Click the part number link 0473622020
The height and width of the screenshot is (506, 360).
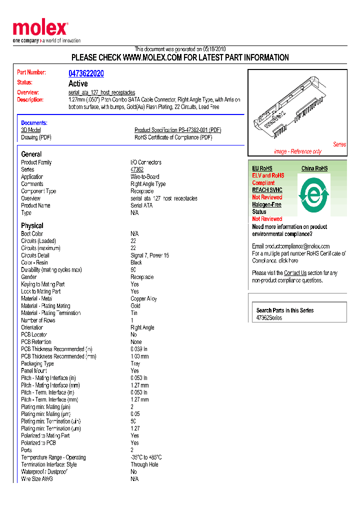click(86, 73)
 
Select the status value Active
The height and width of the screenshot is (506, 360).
click(78, 83)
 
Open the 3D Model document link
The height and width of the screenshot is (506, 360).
click(31, 130)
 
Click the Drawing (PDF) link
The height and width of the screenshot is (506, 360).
click(36, 137)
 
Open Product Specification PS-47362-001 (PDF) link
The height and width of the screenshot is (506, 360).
click(177, 130)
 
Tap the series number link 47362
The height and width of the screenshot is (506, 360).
click(136, 169)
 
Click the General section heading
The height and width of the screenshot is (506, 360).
click(31, 154)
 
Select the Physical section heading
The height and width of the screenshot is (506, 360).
click(32, 225)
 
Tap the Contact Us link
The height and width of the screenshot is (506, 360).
click(295, 273)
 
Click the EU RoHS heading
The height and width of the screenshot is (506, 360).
click(262, 168)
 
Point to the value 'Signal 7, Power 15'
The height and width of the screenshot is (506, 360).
click(149, 255)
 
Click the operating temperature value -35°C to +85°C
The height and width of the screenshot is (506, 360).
click(146, 457)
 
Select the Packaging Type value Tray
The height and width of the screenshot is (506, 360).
click(135, 363)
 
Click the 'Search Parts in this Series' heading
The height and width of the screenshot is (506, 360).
click(284, 310)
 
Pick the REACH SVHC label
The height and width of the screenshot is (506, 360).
click(267, 190)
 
